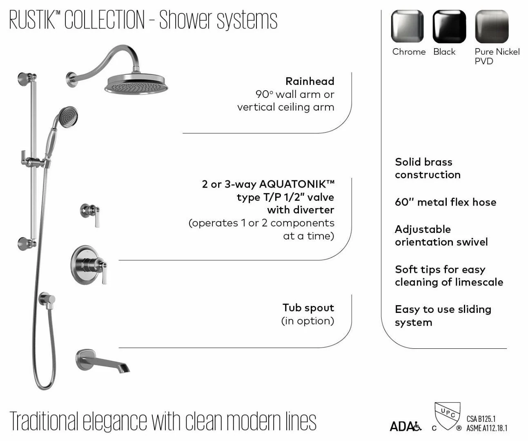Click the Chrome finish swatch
click(407, 26)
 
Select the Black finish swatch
click(449, 26)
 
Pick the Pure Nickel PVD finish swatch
click(492, 26)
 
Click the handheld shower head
click(68, 117)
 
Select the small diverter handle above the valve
click(90, 215)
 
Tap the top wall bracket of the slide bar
click(27, 79)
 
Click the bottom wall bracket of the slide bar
click(27, 244)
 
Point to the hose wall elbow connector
click(47, 301)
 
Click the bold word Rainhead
click(310, 81)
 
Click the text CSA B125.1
click(481, 419)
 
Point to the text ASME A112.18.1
click(487, 428)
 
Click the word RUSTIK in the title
click(32, 20)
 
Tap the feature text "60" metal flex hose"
click(446, 202)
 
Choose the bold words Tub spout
click(308, 308)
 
